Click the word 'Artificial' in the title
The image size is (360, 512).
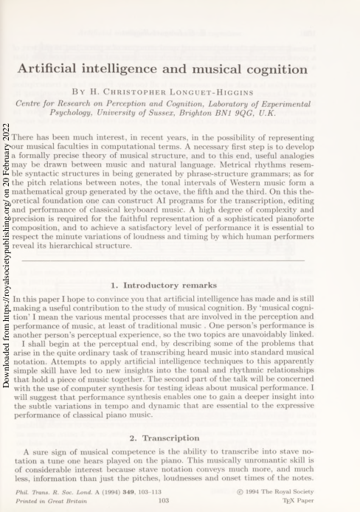pos(50,70)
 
